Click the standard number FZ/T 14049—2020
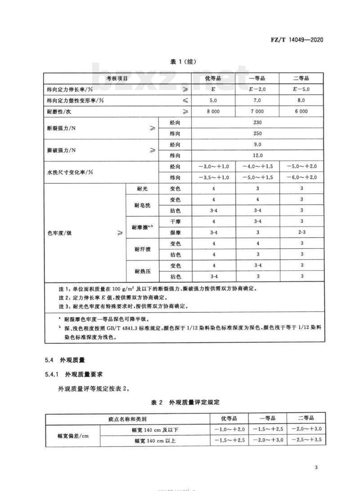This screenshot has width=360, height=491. [x=298, y=40]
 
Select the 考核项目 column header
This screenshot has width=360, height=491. [x=117, y=78]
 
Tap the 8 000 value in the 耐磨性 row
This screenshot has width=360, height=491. [x=213, y=111]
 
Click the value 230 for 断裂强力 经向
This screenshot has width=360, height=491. [x=257, y=122]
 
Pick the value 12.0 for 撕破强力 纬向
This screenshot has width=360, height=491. [x=257, y=155]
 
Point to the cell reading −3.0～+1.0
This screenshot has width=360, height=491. [x=213, y=167]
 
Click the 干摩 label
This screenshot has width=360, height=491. [x=175, y=221]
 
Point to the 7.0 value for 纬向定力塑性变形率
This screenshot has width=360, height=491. [x=257, y=100]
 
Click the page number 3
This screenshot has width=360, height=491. [x=317, y=467]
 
